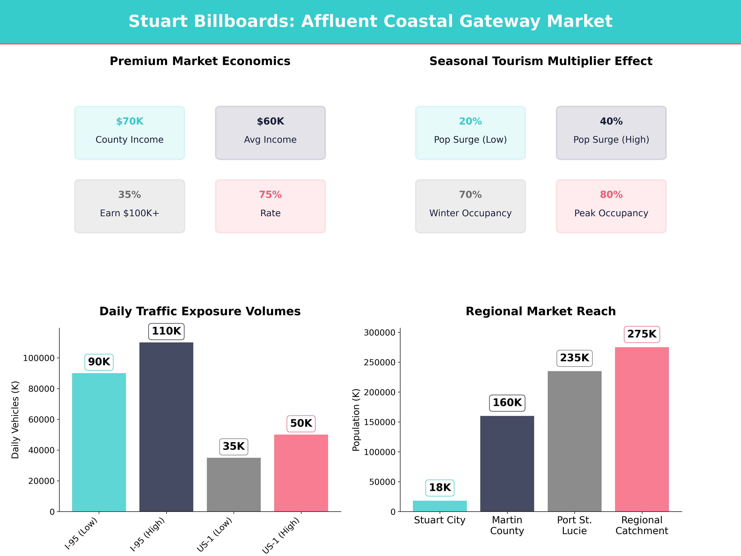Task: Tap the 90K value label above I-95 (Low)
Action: (99, 362)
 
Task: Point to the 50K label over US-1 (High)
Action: (301, 423)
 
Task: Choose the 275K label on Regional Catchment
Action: (642, 334)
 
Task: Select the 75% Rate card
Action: (270, 206)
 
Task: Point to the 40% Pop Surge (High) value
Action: (611, 121)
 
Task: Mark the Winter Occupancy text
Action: (470, 213)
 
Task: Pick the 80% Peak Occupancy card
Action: (611, 206)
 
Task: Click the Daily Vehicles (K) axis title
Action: (15, 420)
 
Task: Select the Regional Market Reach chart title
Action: (541, 311)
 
